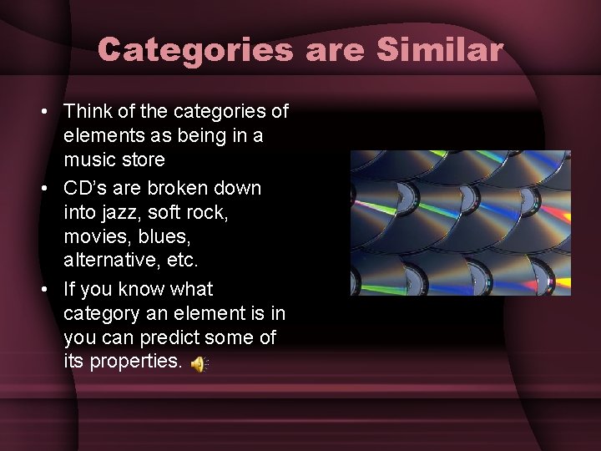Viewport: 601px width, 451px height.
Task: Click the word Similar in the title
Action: click(x=440, y=50)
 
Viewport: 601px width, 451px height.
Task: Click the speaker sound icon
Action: click(x=198, y=364)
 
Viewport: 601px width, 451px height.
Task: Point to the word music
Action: click(x=88, y=159)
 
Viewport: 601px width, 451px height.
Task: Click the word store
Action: click(x=142, y=159)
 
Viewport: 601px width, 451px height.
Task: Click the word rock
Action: click(x=208, y=212)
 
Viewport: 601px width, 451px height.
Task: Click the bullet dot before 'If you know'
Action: click(x=47, y=290)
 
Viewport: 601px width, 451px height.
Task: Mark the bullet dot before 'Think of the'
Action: click(x=47, y=111)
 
